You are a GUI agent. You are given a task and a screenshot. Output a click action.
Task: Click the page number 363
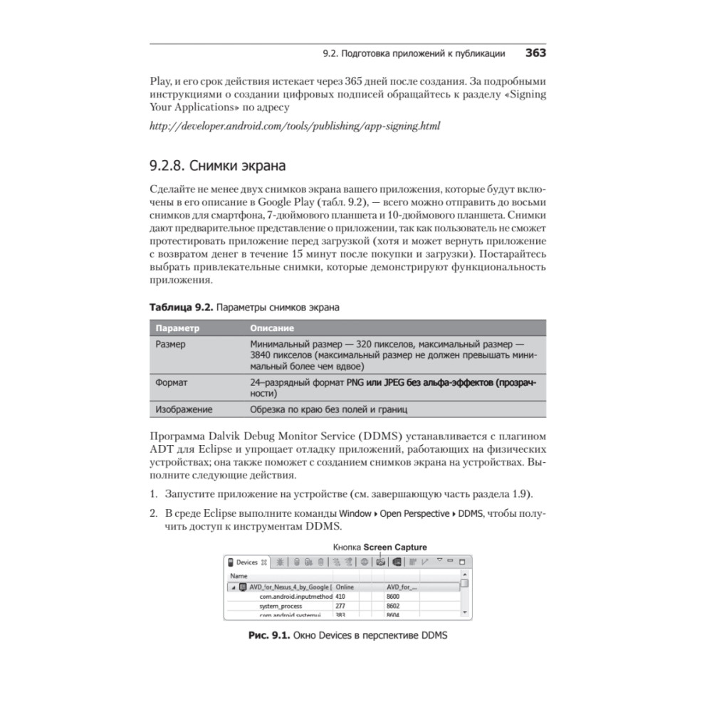[x=535, y=53]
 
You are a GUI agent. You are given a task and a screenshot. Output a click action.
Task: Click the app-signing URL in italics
[x=295, y=126]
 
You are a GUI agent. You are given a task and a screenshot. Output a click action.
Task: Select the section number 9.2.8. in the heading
[x=167, y=167]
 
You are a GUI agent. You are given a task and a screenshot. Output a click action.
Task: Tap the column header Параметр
[x=177, y=328]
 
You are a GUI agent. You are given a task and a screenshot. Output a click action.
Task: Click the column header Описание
[x=272, y=328]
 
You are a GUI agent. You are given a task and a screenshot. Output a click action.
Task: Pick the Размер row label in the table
[x=170, y=344]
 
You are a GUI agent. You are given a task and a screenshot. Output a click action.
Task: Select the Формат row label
[x=172, y=382]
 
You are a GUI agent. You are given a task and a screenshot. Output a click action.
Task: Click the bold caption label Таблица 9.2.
[x=181, y=308]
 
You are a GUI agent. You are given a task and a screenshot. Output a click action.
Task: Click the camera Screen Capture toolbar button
[x=381, y=562]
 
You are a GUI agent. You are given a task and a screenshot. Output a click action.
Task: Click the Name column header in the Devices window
[x=239, y=575]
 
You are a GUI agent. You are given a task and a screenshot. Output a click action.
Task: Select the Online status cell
[x=345, y=587]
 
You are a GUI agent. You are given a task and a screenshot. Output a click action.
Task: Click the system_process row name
[x=281, y=606]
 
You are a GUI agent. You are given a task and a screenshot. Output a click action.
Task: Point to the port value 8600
[x=393, y=596]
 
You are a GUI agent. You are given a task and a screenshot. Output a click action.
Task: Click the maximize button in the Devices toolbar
[x=462, y=562]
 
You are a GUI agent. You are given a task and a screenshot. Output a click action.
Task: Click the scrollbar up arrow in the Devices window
[x=464, y=575]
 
